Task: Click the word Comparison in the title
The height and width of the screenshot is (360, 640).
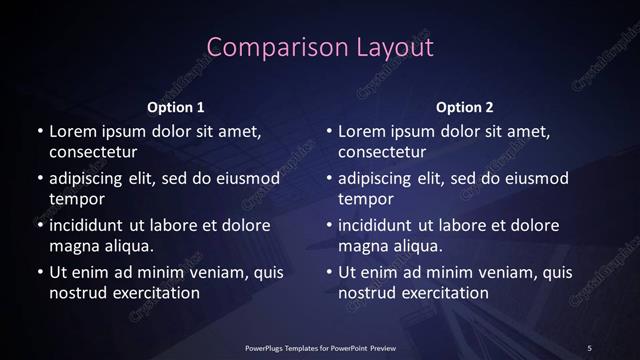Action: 263,47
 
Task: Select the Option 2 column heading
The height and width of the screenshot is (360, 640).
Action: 465,106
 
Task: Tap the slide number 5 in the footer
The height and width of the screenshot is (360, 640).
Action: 589,347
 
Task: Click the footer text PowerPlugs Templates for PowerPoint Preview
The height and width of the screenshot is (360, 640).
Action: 321,347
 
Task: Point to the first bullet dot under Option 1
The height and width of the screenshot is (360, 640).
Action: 39,132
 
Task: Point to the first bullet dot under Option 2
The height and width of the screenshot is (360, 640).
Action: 329,132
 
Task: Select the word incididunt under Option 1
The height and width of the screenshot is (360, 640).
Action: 91,225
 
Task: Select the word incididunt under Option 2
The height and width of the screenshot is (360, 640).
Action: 381,225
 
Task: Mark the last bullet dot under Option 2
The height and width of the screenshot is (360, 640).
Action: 329,272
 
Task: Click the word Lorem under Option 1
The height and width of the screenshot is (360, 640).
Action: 70,131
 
